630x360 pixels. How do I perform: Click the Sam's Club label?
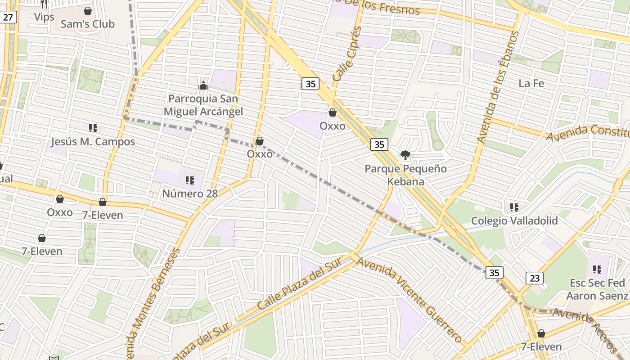(x=87, y=24)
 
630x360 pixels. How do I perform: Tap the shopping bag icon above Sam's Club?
(x=88, y=10)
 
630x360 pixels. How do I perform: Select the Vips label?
(x=44, y=17)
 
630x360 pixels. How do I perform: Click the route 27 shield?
(x=8, y=17)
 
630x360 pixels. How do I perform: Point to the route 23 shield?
(x=534, y=278)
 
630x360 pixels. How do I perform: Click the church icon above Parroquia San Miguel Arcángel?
(x=203, y=85)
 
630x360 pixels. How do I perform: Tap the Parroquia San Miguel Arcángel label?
(x=203, y=105)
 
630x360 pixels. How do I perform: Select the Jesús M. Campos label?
(x=93, y=142)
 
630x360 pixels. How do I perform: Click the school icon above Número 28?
(x=190, y=180)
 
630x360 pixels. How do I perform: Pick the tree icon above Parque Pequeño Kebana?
(x=405, y=156)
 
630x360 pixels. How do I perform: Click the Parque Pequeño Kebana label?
(x=405, y=175)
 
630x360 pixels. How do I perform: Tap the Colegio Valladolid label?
(x=514, y=220)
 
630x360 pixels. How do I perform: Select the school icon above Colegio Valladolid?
(x=514, y=207)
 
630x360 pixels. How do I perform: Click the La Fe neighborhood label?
(x=531, y=83)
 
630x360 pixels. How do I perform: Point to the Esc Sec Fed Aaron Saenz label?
(x=597, y=289)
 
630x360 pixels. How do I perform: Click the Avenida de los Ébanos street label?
(x=498, y=88)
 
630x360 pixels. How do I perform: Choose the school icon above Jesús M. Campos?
(x=93, y=128)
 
